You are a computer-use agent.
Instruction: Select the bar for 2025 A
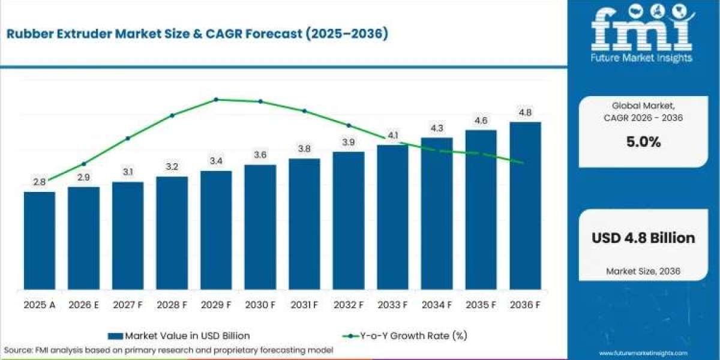pyautogui.click(x=40, y=241)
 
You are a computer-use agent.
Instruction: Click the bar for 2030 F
pyautogui.click(x=260, y=227)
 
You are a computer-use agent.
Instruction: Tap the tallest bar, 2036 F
pyautogui.click(x=525, y=206)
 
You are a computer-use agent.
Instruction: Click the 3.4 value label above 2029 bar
pyautogui.click(x=216, y=161)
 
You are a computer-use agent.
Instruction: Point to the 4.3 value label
pyautogui.click(x=437, y=128)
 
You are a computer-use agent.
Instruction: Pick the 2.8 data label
pyautogui.click(x=40, y=182)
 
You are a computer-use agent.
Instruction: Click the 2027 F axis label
pyautogui.click(x=128, y=305)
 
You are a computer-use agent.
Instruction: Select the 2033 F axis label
pyautogui.click(x=392, y=305)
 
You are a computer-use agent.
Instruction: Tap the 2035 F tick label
pyautogui.click(x=481, y=305)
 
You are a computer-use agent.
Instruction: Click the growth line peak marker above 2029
pyautogui.click(x=216, y=100)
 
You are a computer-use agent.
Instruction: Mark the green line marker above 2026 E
pyautogui.click(x=84, y=164)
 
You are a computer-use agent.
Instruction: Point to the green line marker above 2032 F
pyautogui.click(x=349, y=125)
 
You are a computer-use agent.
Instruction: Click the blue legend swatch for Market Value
pyautogui.click(x=115, y=336)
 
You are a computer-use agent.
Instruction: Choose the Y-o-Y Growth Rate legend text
pyautogui.click(x=413, y=336)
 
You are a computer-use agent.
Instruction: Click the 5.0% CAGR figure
pyautogui.click(x=643, y=142)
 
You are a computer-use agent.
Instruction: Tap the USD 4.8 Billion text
pyautogui.click(x=643, y=238)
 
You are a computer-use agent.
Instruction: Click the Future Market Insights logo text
pyautogui.click(x=641, y=58)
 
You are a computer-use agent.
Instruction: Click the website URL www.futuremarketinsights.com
pyautogui.click(x=643, y=353)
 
